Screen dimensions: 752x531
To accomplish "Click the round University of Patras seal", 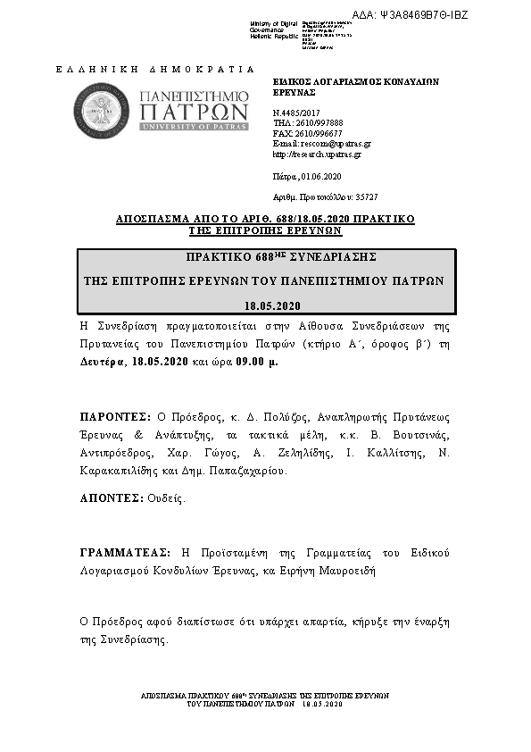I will pos(106,112).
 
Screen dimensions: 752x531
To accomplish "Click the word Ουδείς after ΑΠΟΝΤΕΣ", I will pos(166,498).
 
